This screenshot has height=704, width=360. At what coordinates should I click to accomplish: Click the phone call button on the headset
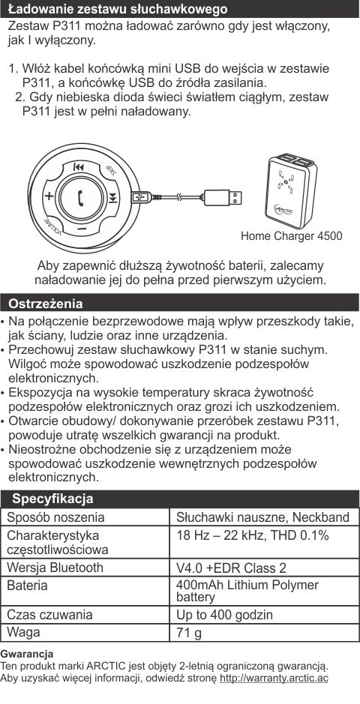tap(82, 197)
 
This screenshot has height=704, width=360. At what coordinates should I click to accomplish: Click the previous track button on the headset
tap(79, 169)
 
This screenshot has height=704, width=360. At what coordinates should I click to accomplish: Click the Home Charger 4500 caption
tap(291, 236)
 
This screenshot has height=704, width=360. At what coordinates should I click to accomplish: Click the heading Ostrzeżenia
tap(45, 304)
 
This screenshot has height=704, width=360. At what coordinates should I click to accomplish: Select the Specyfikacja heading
tap(52, 499)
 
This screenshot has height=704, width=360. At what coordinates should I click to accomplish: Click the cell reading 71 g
tap(189, 633)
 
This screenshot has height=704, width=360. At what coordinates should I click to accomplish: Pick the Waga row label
tap(24, 632)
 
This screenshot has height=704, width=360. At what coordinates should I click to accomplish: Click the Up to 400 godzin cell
tap(224, 615)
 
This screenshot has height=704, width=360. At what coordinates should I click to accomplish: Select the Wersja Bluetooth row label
tap(55, 568)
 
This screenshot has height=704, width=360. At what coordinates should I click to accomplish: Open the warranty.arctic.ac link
tap(274, 678)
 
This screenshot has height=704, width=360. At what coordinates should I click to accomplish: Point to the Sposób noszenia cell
tap(56, 517)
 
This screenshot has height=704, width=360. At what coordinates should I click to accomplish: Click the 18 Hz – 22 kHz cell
tap(252, 535)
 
